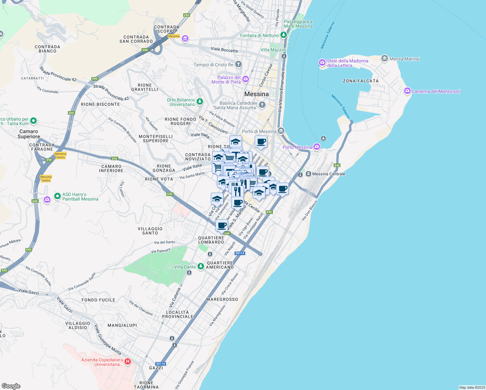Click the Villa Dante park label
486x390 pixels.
tap(185, 267)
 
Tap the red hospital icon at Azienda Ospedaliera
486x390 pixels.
tap(128, 361)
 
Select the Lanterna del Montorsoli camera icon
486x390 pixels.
tap(407, 91)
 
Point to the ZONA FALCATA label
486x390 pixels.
tap(361, 81)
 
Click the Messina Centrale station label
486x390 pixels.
tap(328, 174)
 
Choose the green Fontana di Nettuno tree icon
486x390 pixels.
tap(284, 35)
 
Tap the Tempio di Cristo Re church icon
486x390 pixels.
tap(238, 64)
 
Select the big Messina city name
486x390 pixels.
tap(256, 94)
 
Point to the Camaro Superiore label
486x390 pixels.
tap(29, 134)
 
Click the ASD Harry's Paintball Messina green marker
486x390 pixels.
tap(58, 196)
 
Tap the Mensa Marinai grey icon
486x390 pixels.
tap(385, 58)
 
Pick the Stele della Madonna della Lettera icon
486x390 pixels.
tap(322, 62)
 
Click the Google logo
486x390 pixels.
tap(11, 386)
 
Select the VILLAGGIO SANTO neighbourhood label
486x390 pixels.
tap(150, 231)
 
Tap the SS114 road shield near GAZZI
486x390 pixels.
tap(160, 364)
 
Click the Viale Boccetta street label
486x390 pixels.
tap(224, 49)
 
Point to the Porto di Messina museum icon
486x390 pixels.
tap(281, 131)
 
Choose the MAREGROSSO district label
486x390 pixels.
tap(222, 299)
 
